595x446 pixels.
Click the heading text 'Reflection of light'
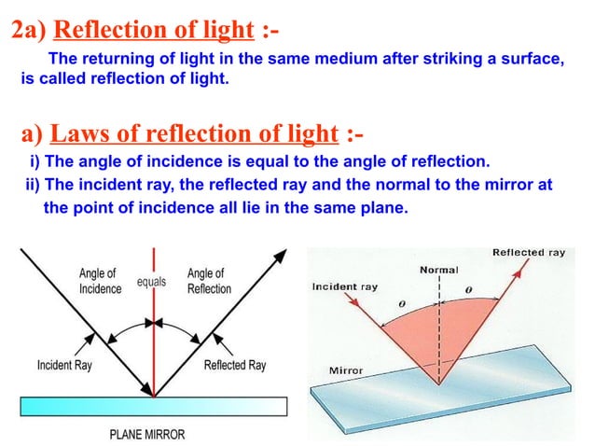tap(154, 31)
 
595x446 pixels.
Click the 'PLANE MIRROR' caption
tap(147, 435)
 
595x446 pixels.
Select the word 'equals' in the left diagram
tap(152, 280)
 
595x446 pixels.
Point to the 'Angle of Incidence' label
tap(100, 281)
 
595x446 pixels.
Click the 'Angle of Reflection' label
tap(209, 281)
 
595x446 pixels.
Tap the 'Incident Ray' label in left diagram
tap(68, 365)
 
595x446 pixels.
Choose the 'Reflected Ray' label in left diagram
tap(235, 365)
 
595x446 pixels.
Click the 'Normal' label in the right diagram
tap(439, 270)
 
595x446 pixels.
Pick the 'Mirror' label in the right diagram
tap(347, 370)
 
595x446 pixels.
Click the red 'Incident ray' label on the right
tap(345, 286)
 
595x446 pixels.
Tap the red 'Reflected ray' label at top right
tap(529, 252)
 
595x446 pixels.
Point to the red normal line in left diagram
tap(153, 355)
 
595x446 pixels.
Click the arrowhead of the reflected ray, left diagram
tap(280, 252)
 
